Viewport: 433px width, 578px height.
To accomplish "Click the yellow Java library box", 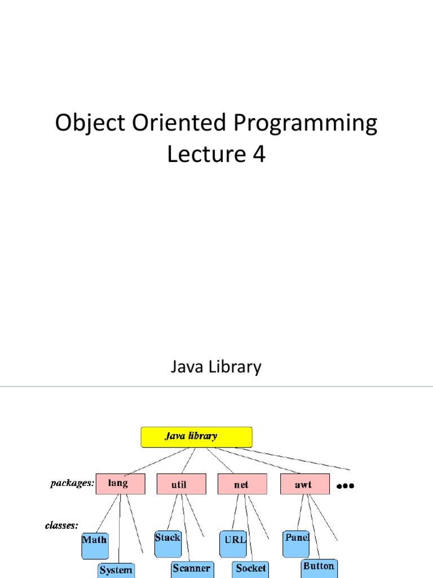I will point(196,437).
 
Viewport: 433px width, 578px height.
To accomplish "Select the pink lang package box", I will point(120,484).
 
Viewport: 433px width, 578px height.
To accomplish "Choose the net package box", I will point(242,484).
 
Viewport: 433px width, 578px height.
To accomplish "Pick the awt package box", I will point(304,484).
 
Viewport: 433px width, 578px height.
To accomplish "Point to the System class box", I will point(116,570).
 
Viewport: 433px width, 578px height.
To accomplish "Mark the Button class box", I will point(319,567).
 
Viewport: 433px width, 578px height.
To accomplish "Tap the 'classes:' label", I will point(61,526).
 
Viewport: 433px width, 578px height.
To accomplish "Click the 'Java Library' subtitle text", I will point(216,367).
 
